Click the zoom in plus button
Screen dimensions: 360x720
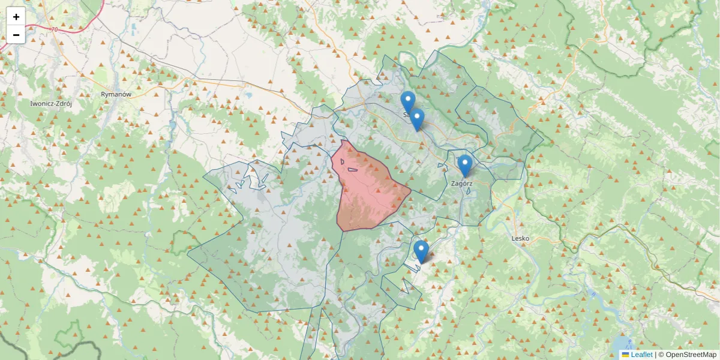point(16,17)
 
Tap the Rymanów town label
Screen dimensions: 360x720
point(116,94)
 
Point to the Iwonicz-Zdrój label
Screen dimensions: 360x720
point(51,103)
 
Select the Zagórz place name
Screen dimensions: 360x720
point(461,184)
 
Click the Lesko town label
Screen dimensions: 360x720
point(520,238)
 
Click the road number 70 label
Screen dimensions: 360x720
point(54,29)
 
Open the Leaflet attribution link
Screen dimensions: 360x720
point(641,355)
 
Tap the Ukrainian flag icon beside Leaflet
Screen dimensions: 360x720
point(625,355)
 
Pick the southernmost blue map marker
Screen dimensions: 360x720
point(421,251)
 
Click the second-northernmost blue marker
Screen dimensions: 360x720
point(417,119)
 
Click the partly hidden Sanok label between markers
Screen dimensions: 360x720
point(406,115)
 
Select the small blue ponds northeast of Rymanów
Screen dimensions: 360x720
point(247,95)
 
